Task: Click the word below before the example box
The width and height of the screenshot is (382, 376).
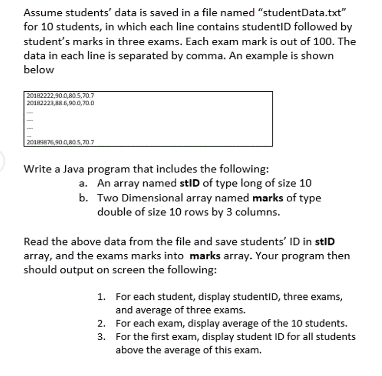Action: coord(39,70)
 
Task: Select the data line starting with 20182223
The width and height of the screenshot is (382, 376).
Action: coord(60,103)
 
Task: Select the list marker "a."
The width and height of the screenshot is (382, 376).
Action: coord(82,184)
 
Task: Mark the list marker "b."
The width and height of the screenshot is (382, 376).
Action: coord(82,198)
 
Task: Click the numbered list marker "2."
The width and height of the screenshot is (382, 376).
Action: coord(102,323)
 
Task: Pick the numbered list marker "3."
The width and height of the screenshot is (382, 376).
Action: coord(102,337)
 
